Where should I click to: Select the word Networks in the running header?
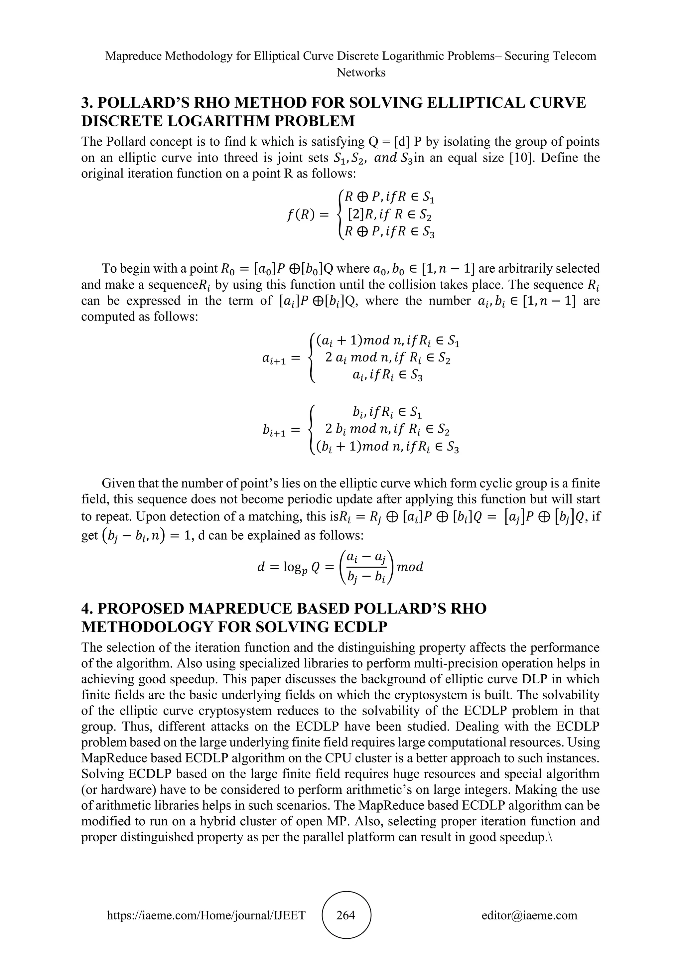coord(361,72)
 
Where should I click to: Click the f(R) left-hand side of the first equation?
coord(301,215)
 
